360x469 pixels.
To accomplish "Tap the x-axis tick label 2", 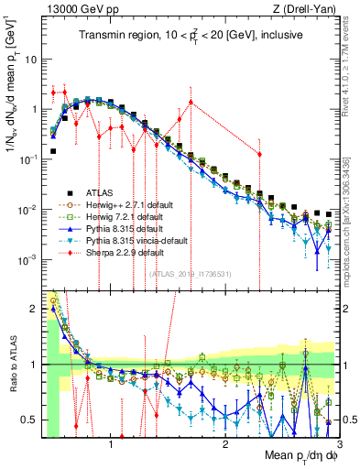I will (x=224, y=445).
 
